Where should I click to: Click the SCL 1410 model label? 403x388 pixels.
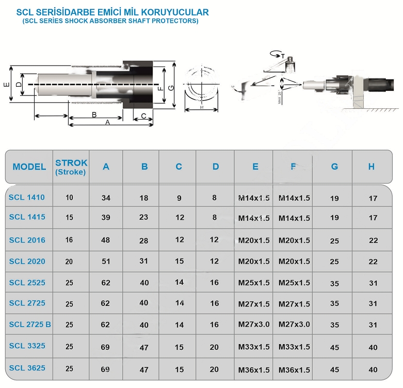[x=27, y=197]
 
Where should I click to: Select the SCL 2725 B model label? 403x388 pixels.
[x=30, y=325]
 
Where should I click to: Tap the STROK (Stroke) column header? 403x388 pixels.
[x=71, y=167]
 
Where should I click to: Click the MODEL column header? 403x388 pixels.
[x=29, y=167]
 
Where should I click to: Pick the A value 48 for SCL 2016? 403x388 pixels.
[x=106, y=240]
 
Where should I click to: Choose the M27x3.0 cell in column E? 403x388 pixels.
[x=254, y=325]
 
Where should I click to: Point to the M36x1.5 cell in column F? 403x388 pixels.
[x=294, y=370]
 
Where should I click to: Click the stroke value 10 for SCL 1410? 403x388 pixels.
[x=70, y=197]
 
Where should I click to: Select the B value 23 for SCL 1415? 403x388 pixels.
[x=144, y=217]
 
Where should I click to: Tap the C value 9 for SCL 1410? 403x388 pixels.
[x=179, y=197]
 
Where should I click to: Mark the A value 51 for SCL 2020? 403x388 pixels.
[x=106, y=261]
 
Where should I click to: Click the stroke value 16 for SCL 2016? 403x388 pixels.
[x=70, y=240]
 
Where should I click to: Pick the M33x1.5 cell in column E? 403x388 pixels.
[x=254, y=347]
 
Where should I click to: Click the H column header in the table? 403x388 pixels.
[x=372, y=167]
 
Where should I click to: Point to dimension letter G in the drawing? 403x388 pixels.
[x=171, y=87]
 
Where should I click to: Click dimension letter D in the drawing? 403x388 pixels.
[x=19, y=84]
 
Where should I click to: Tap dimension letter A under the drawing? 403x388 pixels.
[x=107, y=122]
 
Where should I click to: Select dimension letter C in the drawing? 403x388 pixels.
[x=143, y=115]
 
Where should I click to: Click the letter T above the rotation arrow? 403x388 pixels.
[x=282, y=54]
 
